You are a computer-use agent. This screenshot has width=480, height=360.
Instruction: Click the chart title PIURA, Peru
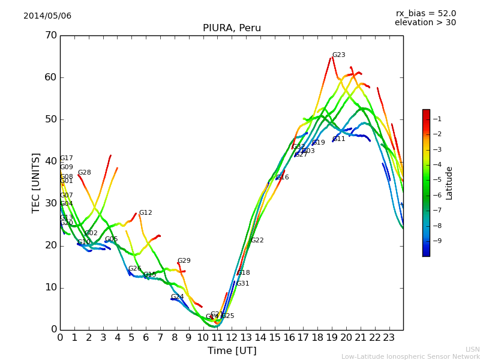232,28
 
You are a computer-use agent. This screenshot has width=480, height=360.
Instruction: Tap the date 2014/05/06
47,16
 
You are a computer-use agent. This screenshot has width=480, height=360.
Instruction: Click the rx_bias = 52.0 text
425,14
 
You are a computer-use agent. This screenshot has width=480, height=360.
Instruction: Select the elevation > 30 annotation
425,23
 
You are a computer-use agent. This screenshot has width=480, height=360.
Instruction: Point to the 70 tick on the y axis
50,35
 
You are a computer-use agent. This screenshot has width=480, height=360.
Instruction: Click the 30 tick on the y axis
50,203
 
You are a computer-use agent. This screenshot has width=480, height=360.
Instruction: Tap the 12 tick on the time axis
232,338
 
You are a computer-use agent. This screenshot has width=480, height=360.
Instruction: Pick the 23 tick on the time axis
389,338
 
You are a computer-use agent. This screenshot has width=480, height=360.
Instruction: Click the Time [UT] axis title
232,351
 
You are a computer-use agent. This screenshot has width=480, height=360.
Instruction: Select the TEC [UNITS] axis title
36,182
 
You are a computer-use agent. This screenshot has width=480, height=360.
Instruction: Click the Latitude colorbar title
449,183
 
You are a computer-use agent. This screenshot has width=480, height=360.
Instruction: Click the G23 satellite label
338,55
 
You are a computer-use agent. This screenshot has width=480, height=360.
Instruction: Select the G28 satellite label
84,173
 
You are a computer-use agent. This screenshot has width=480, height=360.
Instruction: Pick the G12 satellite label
145,213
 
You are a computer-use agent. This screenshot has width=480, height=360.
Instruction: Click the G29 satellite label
184,261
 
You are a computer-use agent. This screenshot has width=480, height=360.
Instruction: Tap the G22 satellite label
257,241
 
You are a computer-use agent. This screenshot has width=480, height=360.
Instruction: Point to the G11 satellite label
338,139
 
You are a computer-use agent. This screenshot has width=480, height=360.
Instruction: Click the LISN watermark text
472,349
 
